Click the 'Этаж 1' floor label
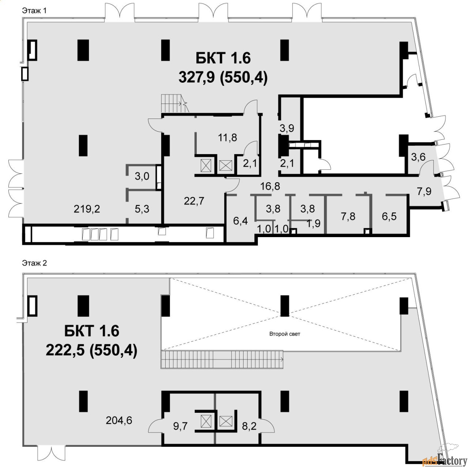pos(34,11)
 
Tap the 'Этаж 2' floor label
pos(34,263)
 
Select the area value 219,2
pos(87,209)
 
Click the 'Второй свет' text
pos(284,334)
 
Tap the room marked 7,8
pos(348,216)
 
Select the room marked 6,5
pos(389,216)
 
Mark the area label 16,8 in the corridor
pos(270,187)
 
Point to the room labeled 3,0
pos(142,176)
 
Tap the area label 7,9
pos(424,191)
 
